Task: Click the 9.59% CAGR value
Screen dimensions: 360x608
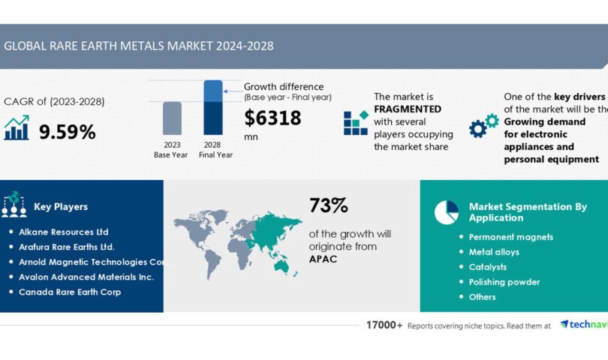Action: point(67,132)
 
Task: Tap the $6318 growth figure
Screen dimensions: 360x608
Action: point(272,118)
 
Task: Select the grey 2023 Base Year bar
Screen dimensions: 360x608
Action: point(172,120)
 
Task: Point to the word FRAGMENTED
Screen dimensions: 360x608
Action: point(408,109)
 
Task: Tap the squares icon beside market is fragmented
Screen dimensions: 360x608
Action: point(356,122)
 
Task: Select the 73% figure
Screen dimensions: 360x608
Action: point(328,205)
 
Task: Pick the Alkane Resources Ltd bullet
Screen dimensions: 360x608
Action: point(64,232)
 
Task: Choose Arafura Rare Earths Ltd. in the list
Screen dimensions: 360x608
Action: point(67,247)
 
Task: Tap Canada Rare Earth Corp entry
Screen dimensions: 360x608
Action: point(70,292)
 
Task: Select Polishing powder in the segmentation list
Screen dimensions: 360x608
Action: point(504,282)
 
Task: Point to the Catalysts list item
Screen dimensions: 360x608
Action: point(488,267)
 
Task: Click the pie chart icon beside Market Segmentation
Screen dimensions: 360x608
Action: point(446,212)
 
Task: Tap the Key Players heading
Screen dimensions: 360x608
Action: point(61,206)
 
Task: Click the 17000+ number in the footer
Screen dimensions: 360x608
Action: point(384,325)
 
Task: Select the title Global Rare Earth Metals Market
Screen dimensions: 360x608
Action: point(139,46)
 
